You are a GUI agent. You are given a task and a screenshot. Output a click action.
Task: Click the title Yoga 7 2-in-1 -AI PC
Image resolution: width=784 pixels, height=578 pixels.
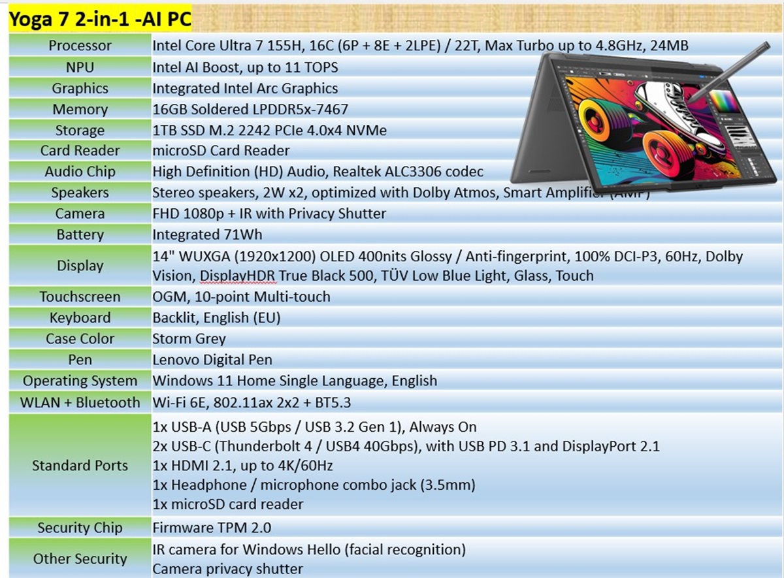(x=100, y=20)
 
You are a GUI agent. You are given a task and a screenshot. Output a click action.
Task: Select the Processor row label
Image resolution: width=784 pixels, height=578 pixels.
(x=80, y=46)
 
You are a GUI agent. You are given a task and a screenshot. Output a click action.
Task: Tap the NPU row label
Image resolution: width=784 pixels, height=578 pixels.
(x=80, y=67)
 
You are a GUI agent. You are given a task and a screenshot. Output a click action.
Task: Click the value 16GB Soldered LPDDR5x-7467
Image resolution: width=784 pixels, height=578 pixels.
(x=250, y=109)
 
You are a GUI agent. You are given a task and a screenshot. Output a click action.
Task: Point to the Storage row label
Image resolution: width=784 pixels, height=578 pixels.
(x=80, y=130)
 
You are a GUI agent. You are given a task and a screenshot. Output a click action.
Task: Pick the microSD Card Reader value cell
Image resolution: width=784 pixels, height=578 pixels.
(x=221, y=151)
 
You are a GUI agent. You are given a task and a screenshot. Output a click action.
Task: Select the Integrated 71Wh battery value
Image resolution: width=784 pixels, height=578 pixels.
(x=207, y=234)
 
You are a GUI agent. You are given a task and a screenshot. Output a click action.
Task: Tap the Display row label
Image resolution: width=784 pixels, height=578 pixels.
(x=80, y=266)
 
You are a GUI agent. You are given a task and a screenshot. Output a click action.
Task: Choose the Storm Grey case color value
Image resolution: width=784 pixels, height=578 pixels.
(x=189, y=339)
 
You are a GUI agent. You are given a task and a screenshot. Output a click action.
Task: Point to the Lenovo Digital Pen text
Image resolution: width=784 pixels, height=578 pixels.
(x=212, y=360)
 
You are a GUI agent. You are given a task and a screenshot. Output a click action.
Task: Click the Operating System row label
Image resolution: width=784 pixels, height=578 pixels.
(x=80, y=381)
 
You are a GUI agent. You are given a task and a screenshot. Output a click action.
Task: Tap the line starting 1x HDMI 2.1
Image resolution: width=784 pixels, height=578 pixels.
(x=242, y=466)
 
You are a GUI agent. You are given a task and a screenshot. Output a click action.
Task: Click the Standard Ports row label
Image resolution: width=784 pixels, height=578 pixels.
(x=80, y=466)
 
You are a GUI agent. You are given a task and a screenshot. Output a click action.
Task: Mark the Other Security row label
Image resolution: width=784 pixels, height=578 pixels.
(x=80, y=559)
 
